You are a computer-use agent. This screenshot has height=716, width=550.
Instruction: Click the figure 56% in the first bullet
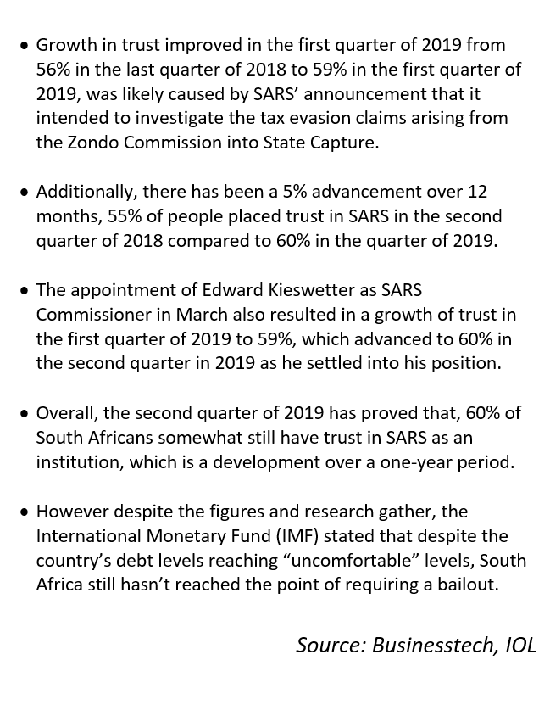coord(53,69)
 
